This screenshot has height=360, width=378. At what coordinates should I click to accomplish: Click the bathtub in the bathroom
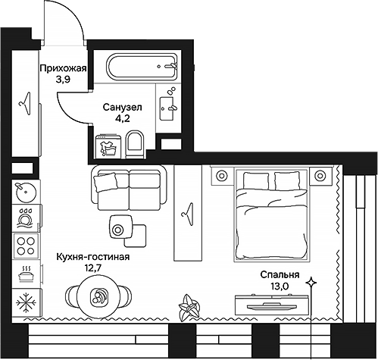(x=142, y=67)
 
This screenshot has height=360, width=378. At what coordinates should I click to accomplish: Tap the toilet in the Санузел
(x=135, y=144)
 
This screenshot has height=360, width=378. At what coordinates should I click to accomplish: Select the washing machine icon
(x=108, y=147)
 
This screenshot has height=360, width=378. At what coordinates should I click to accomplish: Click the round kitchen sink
(x=26, y=192)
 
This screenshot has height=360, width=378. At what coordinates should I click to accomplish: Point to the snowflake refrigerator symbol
(x=26, y=302)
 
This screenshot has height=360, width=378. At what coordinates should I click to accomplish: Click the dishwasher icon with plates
(x=26, y=218)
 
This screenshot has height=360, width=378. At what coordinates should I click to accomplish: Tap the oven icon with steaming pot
(x=26, y=273)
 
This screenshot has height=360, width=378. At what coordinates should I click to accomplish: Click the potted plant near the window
(x=189, y=308)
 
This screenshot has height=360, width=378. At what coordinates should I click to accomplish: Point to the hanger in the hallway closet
(x=25, y=104)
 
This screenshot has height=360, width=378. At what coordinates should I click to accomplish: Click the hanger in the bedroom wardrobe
(x=188, y=214)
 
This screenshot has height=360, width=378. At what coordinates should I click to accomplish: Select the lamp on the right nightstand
(x=320, y=175)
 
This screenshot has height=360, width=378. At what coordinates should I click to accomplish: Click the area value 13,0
(x=280, y=286)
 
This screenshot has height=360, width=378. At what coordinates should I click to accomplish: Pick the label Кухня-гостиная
(x=93, y=257)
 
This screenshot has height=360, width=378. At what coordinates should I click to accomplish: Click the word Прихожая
(x=64, y=68)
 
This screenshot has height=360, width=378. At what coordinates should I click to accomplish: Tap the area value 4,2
(x=123, y=118)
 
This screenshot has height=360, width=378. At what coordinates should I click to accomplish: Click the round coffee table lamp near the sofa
(x=117, y=230)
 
